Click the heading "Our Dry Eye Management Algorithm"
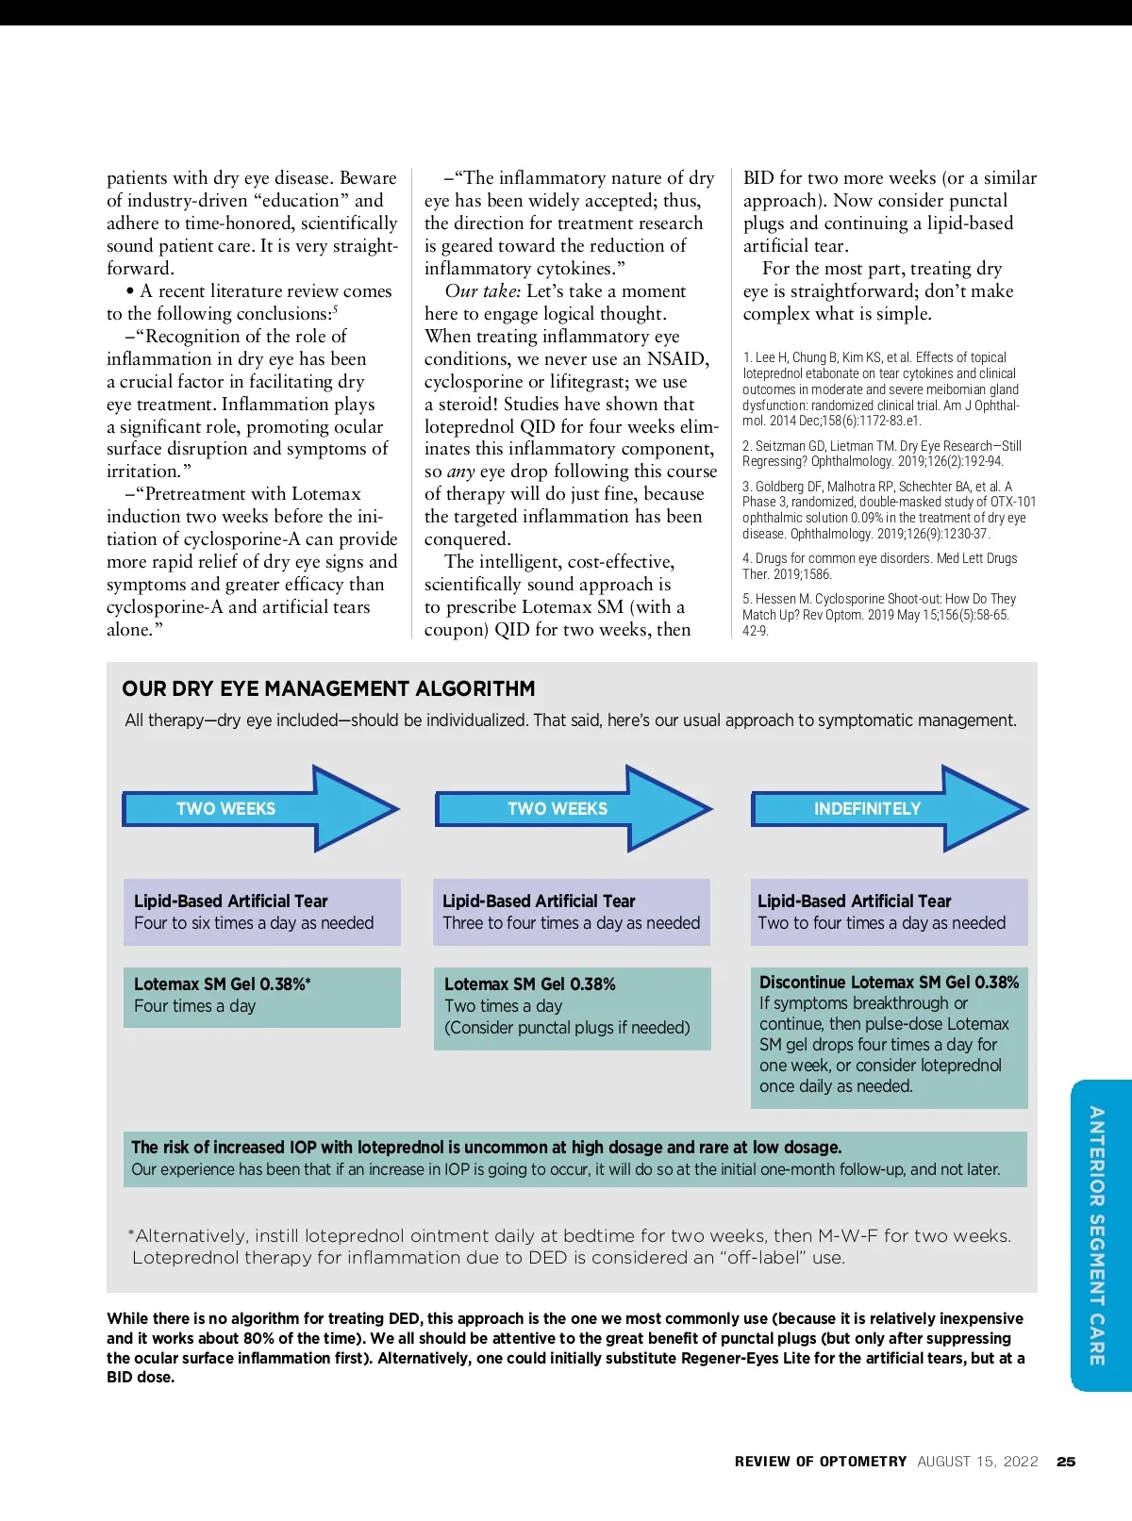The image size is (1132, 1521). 328,689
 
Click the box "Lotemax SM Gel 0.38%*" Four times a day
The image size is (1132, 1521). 261,997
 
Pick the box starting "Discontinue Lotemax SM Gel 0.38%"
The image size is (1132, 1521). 889,1036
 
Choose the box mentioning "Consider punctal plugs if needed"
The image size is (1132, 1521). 571,1007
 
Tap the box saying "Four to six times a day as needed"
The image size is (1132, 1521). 261,913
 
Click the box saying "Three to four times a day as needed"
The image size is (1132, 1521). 571,913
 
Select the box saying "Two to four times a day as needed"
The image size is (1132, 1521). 889,913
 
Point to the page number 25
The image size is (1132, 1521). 1066,1462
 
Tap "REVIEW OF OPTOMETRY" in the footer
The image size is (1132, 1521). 820,1462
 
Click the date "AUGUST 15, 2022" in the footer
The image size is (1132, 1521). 977,1462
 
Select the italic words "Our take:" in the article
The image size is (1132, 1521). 483,291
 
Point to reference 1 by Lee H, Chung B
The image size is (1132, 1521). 881,389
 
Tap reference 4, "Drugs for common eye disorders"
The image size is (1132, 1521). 879,566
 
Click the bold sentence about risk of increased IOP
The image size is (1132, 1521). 486,1148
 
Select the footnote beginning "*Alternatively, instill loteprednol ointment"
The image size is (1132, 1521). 570,1247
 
